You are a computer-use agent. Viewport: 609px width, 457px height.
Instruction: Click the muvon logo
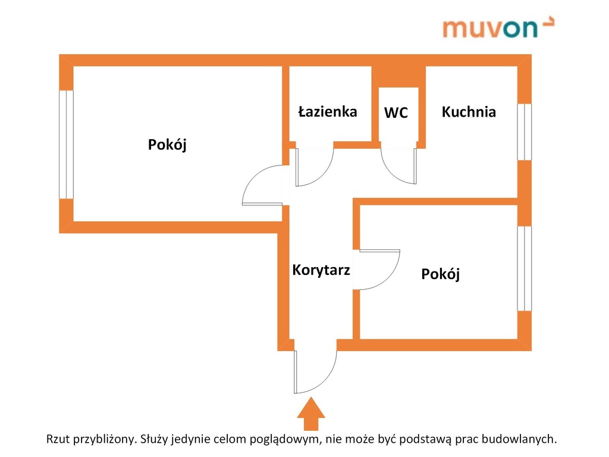click(x=498, y=27)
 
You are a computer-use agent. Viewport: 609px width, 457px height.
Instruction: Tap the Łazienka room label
click(x=328, y=111)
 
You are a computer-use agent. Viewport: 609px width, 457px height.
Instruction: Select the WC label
click(x=395, y=112)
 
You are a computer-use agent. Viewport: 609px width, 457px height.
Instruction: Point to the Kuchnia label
click(x=469, y=112)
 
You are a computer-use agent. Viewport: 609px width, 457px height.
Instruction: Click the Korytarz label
click(x=321, y=270)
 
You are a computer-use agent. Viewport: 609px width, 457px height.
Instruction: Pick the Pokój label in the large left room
click(x=167, y=145)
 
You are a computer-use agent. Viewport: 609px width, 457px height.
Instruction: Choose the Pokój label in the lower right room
click(x=441, y=274)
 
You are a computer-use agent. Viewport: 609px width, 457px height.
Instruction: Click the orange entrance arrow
click(x=311, y=414)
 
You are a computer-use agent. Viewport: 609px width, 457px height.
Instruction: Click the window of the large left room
click(x=66, y=145)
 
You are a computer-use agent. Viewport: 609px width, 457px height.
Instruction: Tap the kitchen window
click(x=525, y=132)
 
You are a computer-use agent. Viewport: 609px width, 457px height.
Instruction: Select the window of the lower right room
click(x=525, y=268)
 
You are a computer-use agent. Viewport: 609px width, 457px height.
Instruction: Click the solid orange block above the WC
click(x=398, y=77)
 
